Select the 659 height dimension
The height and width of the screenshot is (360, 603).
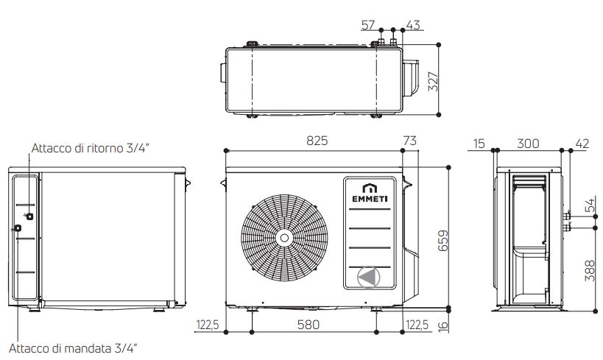(x=443, y=237)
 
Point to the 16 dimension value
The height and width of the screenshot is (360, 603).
(x=442, y=324)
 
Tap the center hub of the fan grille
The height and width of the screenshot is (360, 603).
(x=283, y=237)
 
